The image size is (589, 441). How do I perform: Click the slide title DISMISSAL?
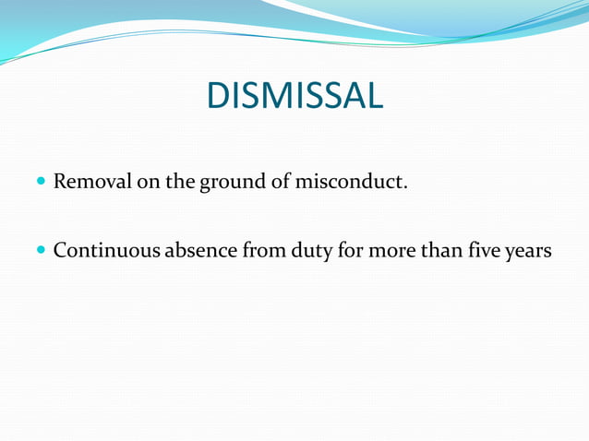click(294, 96)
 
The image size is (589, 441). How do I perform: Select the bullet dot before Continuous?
click(41, 250)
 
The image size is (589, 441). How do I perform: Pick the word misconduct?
click(347, 181)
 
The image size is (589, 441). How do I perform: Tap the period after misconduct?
click(404, 187)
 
